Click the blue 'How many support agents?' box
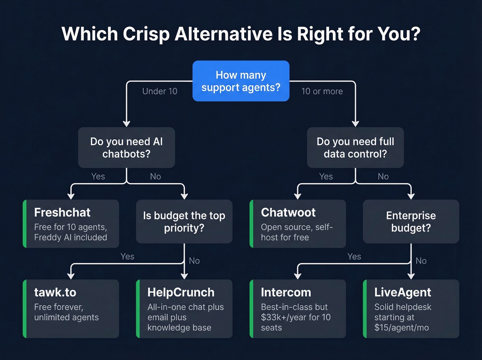pyautogui.click(x=241, y=81)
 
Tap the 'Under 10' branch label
pyautogui.click(x=160, y=91)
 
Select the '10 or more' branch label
pyautogui.click(x=322, y=91)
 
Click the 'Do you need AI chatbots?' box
pyautogui.click(x=126, y=147)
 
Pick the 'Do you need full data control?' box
pyautogui.click(x=355, y=147)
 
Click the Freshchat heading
pyautogui.click(x=62, y=213)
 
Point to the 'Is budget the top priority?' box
pyautogui.click(x=184, y=222)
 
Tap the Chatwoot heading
pyautogui.click(x=288, y=213)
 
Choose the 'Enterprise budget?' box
pyautogui.click(x=411, y=222)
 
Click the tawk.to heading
pyautogui.click(x=55, y=292)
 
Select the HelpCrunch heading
pyautogui.click(x=181, y=292)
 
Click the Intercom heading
pyautogui.click(x=286, y=292)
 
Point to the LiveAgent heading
pyautogui.click(x=402, y=292)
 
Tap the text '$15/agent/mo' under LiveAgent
pyautogui.click(x=401, y=328)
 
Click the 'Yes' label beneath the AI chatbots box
pyautogui.click(x=98, y=176)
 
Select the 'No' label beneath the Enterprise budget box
pyautogui.click(x=421, y=261)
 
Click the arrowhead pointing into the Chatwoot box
pyautogui.click(x=298, y=196)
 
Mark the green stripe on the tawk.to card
pyautogui.click(x=25, y=308)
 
